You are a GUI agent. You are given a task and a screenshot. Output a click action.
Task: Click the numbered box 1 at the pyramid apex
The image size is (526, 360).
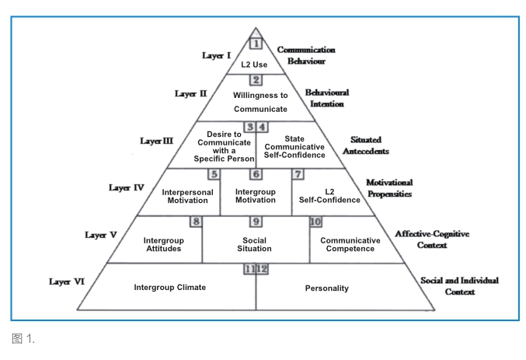256,44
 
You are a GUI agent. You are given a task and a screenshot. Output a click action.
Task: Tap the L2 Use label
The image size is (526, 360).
254,65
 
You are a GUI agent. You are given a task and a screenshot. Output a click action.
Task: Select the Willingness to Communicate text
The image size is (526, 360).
260,102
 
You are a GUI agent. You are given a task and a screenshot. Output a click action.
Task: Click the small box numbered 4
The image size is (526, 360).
262,127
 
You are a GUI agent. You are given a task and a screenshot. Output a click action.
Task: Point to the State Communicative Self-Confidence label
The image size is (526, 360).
294,147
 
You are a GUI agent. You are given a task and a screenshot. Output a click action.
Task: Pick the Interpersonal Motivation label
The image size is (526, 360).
187,196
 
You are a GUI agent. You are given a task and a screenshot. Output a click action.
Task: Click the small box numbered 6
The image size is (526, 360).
256,174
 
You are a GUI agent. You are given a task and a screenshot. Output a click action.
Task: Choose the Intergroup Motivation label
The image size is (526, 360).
256,196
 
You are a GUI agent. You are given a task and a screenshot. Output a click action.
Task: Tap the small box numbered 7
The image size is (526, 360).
298,174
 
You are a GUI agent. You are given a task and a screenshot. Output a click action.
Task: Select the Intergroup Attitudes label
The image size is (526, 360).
164,244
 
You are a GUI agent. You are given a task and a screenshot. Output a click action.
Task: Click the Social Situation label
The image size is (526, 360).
254,244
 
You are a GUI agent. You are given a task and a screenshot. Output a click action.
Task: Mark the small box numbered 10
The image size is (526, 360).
315,222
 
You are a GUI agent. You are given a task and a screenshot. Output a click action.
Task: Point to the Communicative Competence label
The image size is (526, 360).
350,244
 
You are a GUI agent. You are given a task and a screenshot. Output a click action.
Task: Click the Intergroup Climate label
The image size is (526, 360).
169,287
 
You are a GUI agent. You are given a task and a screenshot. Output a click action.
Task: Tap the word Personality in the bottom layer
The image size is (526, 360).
327,288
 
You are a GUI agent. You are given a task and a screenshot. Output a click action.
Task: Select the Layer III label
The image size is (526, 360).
157,141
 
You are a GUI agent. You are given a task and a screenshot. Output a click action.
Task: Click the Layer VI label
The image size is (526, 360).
67,281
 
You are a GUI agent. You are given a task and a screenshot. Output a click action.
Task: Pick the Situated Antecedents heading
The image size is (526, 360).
366,145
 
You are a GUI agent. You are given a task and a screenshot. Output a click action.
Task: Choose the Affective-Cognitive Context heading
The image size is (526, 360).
432,239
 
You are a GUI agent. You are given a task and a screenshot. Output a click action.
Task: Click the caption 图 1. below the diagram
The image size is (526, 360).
23,338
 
